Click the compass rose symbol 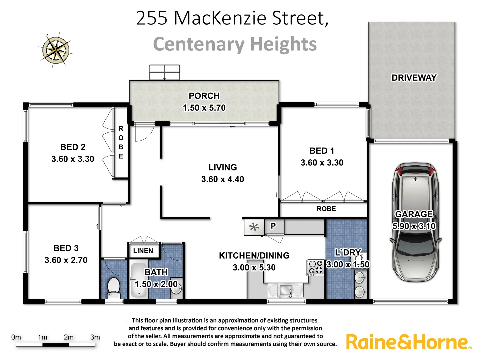coord(56,50)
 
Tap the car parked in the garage coord(415,222)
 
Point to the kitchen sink coord(285,290)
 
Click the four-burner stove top coord(315,267)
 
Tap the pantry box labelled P coord(273,226)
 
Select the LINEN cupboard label coord(143,251)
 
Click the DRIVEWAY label coord(414,78)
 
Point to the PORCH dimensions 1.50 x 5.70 coord(204,108)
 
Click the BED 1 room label coord(322,151)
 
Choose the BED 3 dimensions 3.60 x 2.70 coord(66,260)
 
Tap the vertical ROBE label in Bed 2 coord(121,142)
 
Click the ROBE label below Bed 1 coord(326,209)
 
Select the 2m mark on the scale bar coord(69,337)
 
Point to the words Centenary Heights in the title coord(235,44)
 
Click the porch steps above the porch coord(164,72)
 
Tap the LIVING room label coord(223,167)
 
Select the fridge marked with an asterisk coord(254,227)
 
